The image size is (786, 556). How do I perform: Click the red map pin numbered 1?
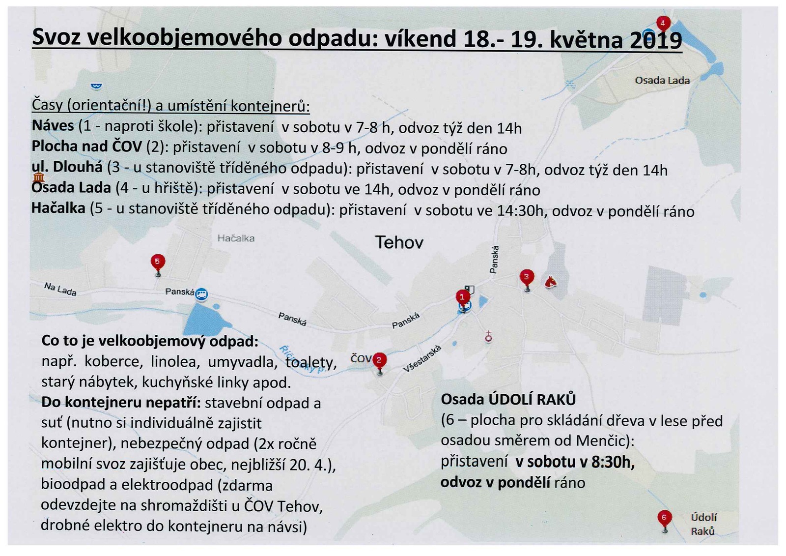(462, 297)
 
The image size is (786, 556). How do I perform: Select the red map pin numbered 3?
(527, 277)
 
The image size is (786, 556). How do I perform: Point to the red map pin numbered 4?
(663, 23)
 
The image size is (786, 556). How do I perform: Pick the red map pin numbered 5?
(157, 262)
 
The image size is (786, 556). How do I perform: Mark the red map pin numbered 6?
(664, 518)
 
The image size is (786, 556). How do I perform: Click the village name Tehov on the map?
(399, 242)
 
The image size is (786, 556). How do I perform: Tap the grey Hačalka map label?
(236, 238)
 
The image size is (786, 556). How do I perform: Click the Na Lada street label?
(60, 289)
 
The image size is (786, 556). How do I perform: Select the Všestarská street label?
(422, 358)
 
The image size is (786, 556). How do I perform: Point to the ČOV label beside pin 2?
(361, 358)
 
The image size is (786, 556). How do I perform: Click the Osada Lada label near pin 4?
(662, 80)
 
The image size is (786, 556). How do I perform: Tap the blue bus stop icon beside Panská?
(201, 294)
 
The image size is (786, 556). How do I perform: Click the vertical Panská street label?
(494, 259)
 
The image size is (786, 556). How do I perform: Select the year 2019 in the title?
(655, 40)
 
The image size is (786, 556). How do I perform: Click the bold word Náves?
(53, 126)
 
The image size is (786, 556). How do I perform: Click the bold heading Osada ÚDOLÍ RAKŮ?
(508, 399)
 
